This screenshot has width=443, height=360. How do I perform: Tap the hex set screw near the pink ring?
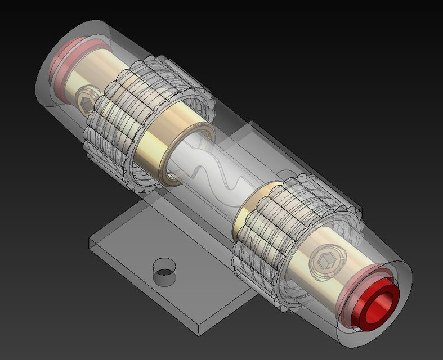click(x=86, y=100)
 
